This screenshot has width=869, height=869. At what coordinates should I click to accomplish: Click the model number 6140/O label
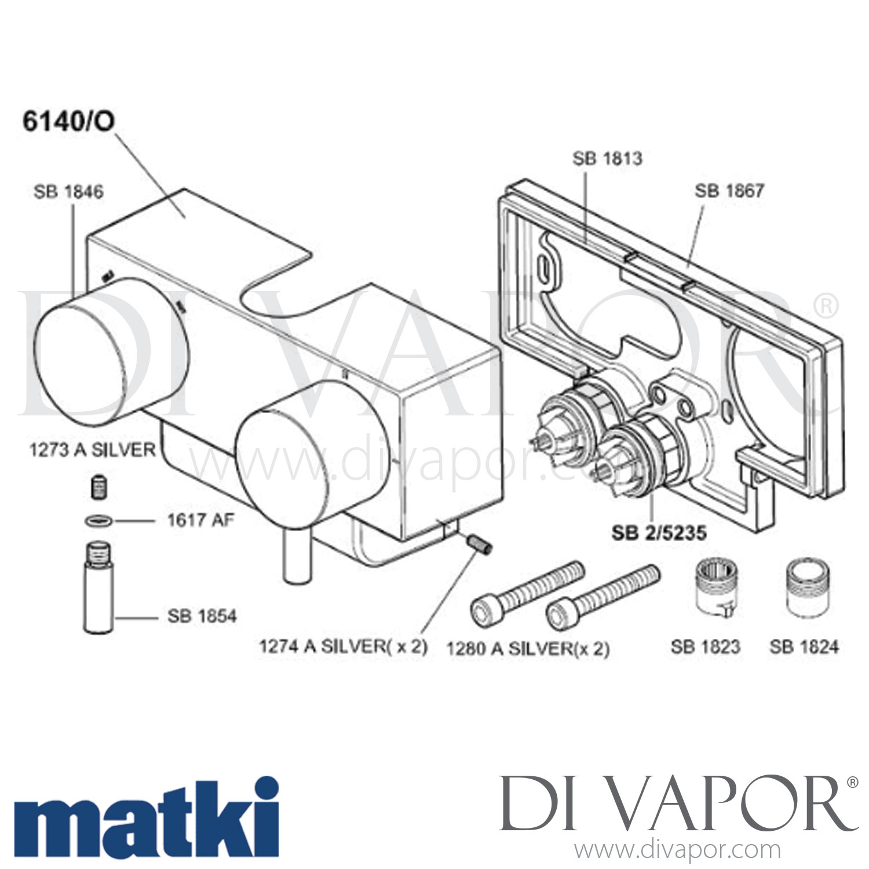(68, 122)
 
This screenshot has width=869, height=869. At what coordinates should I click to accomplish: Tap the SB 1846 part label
(68, 192)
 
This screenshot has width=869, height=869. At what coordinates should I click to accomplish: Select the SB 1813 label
(607, 159)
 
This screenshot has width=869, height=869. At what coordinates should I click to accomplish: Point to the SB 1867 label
(729, 191)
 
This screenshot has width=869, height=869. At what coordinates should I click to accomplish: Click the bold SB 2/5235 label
(659, 533)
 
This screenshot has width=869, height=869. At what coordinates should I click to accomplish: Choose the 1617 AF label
(200, 520)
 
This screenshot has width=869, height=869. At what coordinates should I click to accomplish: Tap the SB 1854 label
(202, 616)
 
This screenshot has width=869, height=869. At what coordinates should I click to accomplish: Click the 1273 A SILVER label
(93, 450)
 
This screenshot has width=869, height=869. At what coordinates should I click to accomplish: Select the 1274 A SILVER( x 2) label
(344, 646)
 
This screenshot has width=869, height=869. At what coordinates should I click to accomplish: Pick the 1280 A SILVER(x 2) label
(528, 648)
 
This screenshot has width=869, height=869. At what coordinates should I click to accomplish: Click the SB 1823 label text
(706, 647)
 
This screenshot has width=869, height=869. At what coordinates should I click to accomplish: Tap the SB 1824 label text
(804, 647)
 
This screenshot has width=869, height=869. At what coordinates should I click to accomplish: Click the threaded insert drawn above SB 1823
(714, 586)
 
